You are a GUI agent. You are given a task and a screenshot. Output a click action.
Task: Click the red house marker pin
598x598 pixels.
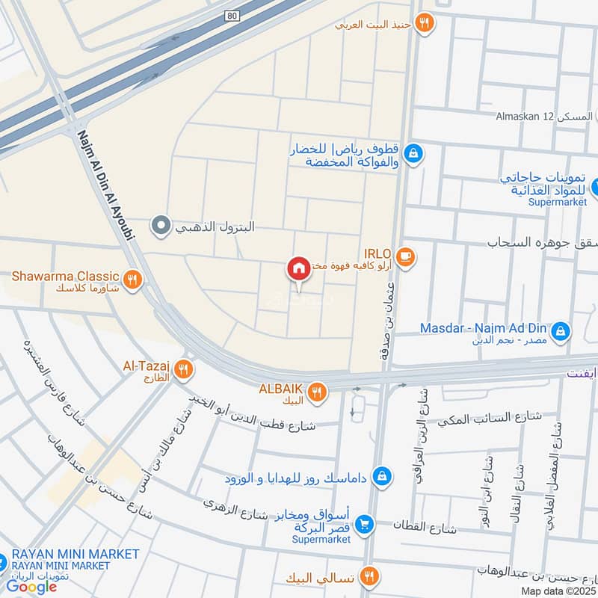coord(298,268)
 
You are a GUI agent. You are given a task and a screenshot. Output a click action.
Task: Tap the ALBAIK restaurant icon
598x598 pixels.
coord(317,392)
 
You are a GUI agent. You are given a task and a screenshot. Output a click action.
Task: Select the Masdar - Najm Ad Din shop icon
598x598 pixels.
coord(560,330)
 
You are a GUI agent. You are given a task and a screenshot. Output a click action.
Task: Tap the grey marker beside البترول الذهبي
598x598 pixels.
coord(160,225)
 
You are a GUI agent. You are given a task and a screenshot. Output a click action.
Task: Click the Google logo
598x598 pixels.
coord(32,587)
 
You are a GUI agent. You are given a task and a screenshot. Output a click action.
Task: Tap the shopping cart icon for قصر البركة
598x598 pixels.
coord(364,525)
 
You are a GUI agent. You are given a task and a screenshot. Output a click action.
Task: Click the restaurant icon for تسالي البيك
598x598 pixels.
coord(369,577)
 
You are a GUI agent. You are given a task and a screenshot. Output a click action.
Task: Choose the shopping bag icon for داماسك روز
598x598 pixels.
coord(381,475)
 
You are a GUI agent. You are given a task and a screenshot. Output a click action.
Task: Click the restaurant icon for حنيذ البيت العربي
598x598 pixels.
coord(424,24)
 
